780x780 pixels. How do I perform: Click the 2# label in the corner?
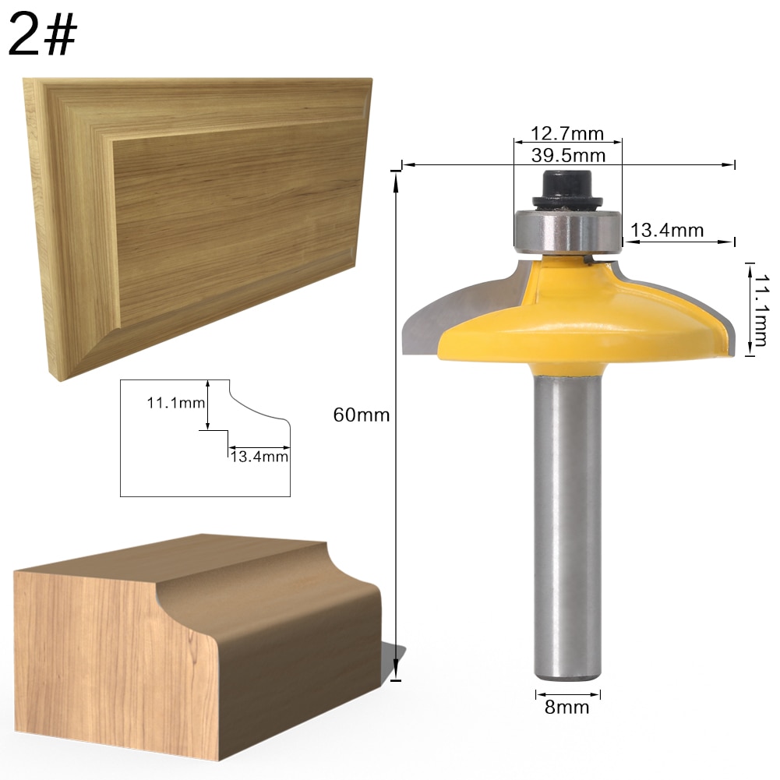43,37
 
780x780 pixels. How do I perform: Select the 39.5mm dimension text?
568,155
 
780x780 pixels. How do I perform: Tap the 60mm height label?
361,415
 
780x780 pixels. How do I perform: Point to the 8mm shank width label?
568,708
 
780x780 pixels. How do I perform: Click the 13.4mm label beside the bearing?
667,230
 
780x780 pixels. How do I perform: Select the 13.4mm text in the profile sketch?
259,457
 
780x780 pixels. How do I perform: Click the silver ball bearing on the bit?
567,230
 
